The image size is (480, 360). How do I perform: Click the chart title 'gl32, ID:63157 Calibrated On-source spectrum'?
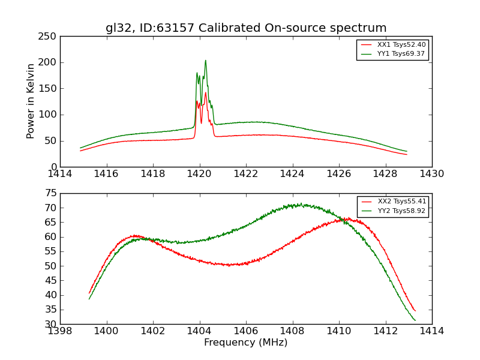click(246, 28)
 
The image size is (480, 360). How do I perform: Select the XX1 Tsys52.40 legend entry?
click(392, 45)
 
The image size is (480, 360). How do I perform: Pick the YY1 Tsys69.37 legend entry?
click(392, 54)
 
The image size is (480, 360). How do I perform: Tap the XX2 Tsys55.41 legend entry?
click(393, 202)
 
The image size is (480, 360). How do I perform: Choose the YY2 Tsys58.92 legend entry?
click(393, 211)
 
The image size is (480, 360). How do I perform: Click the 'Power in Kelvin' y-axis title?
click(31, 101)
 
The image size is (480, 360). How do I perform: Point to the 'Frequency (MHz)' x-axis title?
click(245, 343)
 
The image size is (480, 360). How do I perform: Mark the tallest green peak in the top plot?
click(205, 61)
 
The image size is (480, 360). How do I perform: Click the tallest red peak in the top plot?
click(205, 92)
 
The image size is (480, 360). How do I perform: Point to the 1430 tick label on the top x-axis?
click(431, 173)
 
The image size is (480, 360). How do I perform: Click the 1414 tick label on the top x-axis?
click(60, 173)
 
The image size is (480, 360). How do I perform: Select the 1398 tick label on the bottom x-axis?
click(60, 331)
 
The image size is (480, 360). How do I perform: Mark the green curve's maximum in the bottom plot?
click(301, 204)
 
